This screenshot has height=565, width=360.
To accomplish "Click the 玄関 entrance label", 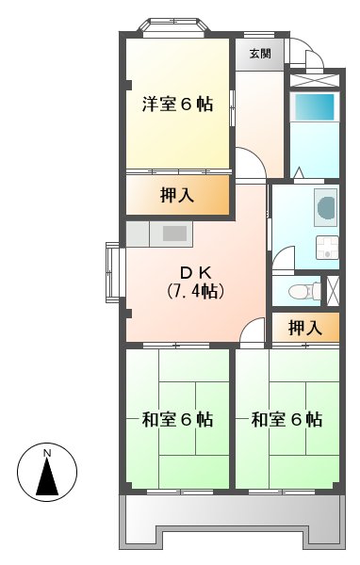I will (260, 54).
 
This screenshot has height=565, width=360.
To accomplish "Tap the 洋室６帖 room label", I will (178, 105).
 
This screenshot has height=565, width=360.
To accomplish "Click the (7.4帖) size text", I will (195, 292).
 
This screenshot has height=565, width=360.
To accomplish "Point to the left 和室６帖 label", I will (177, 419).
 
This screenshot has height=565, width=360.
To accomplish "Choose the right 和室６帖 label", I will (286, 419).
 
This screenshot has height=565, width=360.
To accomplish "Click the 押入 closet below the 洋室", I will (177, 196).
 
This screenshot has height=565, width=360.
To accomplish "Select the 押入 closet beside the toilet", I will (304, 328).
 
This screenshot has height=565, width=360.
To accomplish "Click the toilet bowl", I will (301, 291).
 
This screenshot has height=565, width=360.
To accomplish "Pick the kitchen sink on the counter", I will (174, 232).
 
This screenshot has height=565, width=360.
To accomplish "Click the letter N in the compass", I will (48, 455).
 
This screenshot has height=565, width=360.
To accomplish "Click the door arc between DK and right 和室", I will (253, 332).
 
